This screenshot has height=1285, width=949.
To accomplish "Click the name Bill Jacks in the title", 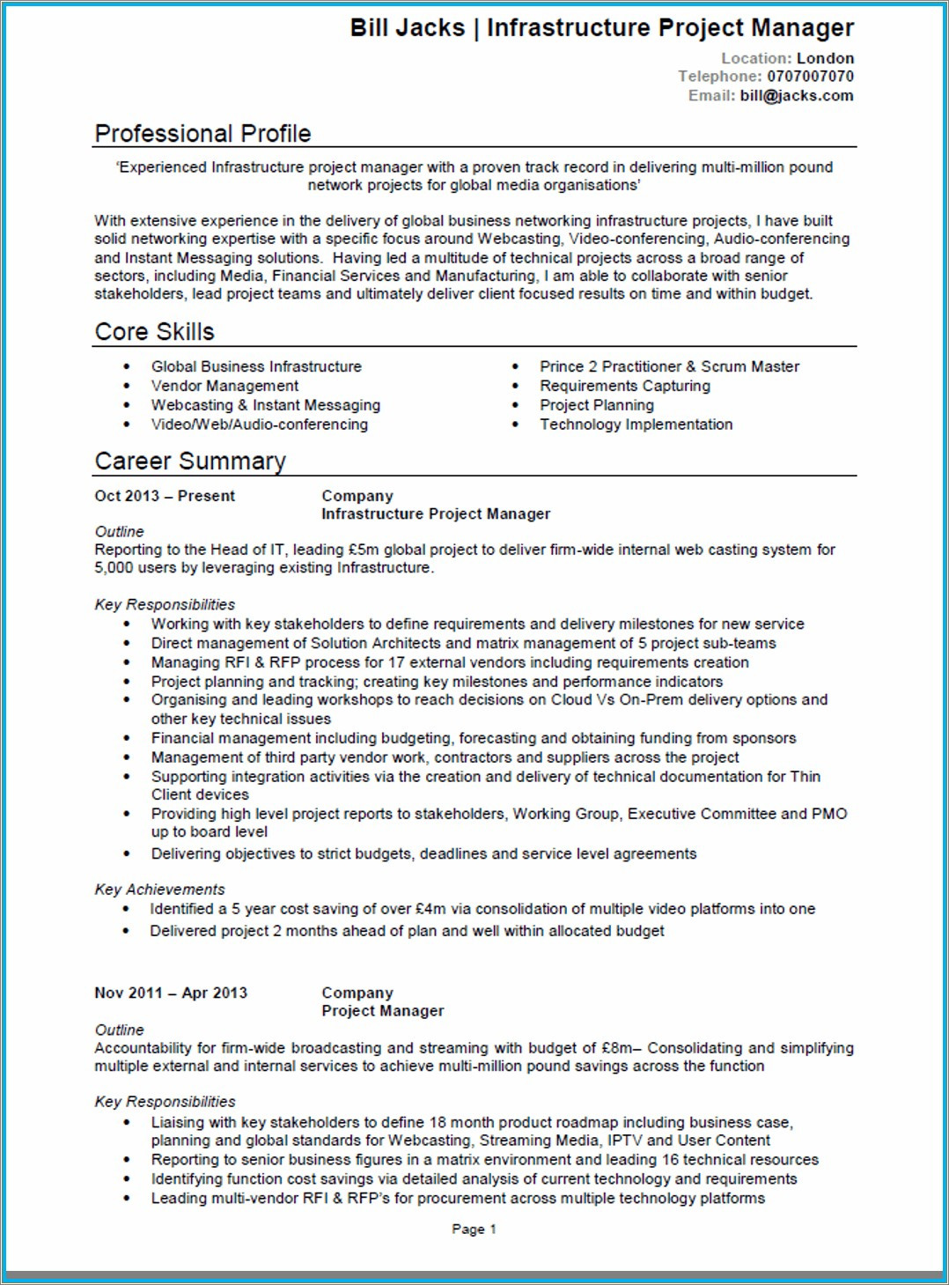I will coord(407,28).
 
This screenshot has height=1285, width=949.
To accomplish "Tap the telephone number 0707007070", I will coord(810,77).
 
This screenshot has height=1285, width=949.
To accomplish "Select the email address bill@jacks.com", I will coord(797,96).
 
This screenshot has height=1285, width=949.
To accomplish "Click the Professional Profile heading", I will coord(202,134).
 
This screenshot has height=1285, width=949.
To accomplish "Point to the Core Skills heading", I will coord(154,332).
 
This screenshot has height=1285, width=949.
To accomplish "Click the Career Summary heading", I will coord(190,462).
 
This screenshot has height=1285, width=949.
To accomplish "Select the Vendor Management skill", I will coord(224,386).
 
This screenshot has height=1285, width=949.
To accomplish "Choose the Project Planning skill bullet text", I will coord(596,405).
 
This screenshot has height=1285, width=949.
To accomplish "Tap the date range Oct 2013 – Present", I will coord(165,496).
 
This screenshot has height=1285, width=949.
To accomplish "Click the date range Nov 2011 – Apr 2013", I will coord(171,993).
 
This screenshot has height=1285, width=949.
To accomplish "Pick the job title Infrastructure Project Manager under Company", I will coord(435,513).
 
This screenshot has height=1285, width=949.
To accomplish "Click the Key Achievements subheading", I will coord(159,890).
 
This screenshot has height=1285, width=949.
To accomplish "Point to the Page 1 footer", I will coord(474,1229).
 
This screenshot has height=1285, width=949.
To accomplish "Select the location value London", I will coord(825,58).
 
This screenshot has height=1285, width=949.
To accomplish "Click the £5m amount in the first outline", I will coord(364,550).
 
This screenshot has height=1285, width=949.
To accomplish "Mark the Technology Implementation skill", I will coord(636,425).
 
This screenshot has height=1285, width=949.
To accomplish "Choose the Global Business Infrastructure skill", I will coord(256,366).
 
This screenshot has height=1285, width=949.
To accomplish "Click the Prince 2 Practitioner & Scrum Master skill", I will coord(669,366).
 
